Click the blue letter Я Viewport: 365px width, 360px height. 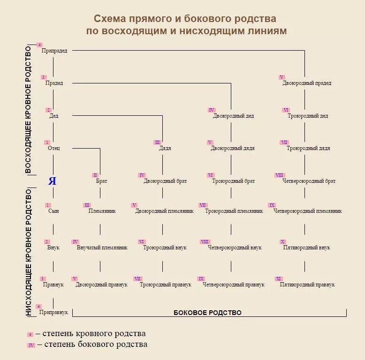coord(52,181)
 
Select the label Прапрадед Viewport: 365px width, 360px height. coord(54,51)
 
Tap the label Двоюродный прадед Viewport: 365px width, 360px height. coord(307,83)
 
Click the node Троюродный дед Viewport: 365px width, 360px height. coord(308,116)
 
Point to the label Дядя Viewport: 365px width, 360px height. coord(165,148)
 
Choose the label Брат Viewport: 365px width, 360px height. coord(101,181)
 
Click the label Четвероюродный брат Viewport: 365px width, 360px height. coord(309,181)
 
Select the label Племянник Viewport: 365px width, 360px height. coord(102,211)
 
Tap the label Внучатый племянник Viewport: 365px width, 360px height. coord(102,247)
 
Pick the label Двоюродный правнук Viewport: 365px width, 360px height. coord(101,285)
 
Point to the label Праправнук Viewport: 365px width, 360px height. coord(53,312)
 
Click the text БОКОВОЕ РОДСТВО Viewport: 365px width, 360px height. coord(207,313)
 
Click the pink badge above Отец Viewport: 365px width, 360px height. coord(47,142)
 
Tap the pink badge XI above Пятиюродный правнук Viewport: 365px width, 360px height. coord(279,278)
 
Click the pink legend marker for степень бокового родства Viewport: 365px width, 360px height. coord(31,345)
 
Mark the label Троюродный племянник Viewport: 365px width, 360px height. coord(234,211)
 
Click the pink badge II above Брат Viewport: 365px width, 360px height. coord(95,175)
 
